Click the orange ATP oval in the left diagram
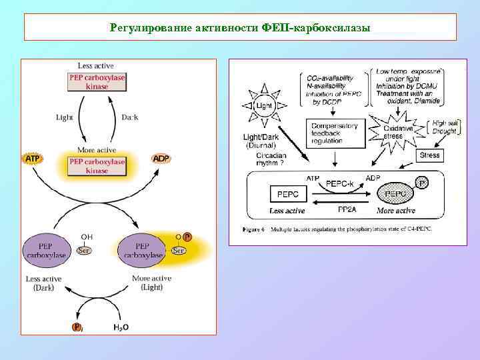(x=32, y=159)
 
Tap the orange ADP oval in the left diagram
(x=161, y=159)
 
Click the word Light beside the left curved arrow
(x=65, y=118)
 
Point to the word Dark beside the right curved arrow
(x=130, y=118)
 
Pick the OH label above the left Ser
(x=87, y=237)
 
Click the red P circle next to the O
(x=187, y=237)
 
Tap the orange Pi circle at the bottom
(x=77, y=327)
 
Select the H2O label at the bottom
(x=121, y=327)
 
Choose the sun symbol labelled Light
(x=265, y=106)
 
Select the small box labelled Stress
(x=430, y=155)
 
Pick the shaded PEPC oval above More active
(x=396, y=194)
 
